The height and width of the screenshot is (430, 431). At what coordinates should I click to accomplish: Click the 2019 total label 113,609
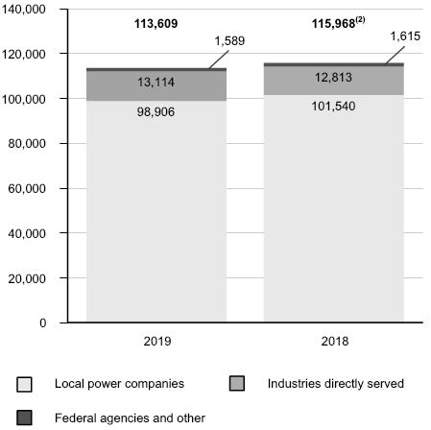[x=156, y=24]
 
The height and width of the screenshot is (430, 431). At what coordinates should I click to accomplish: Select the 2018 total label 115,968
[x=334, y=24]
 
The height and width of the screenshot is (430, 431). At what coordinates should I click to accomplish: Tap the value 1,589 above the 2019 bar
[x=229, y=41]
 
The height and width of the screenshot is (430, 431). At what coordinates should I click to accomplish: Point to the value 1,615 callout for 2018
[x=405, y=36]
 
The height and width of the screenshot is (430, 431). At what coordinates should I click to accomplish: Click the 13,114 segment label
[x=156, y=83]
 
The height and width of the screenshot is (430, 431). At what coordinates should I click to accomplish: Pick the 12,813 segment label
[x=333, y=77]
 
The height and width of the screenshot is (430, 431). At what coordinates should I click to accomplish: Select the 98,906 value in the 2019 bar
[x=156, y=111]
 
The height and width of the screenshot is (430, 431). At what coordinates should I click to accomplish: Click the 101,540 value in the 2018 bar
[x=333, y=107]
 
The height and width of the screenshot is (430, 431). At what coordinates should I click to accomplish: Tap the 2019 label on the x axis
[x=157, y=341]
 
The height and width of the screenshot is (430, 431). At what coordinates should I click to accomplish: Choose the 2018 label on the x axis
[x=335, y=341]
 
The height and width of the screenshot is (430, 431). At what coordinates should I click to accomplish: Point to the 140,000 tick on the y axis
[x=24, y=10]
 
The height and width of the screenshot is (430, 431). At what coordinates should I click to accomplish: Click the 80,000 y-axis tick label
[x=27, y=144]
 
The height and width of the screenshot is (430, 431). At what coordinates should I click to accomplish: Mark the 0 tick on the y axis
[x=43, y=322]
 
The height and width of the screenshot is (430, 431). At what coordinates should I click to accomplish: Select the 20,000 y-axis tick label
[x=27, y=278]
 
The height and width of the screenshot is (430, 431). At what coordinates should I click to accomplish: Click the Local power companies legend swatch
[x=24, y=384]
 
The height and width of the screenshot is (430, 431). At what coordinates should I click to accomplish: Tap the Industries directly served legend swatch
[x=237, y=383]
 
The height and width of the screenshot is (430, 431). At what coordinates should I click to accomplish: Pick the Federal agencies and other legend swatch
[x=24, y=418]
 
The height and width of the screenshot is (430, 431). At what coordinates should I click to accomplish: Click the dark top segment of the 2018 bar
[x=334, y=64]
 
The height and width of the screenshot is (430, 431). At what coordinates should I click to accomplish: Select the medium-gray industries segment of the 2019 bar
[x=156, y=86]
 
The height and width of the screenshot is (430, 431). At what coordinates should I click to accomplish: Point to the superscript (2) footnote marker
[x=360, y=20]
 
